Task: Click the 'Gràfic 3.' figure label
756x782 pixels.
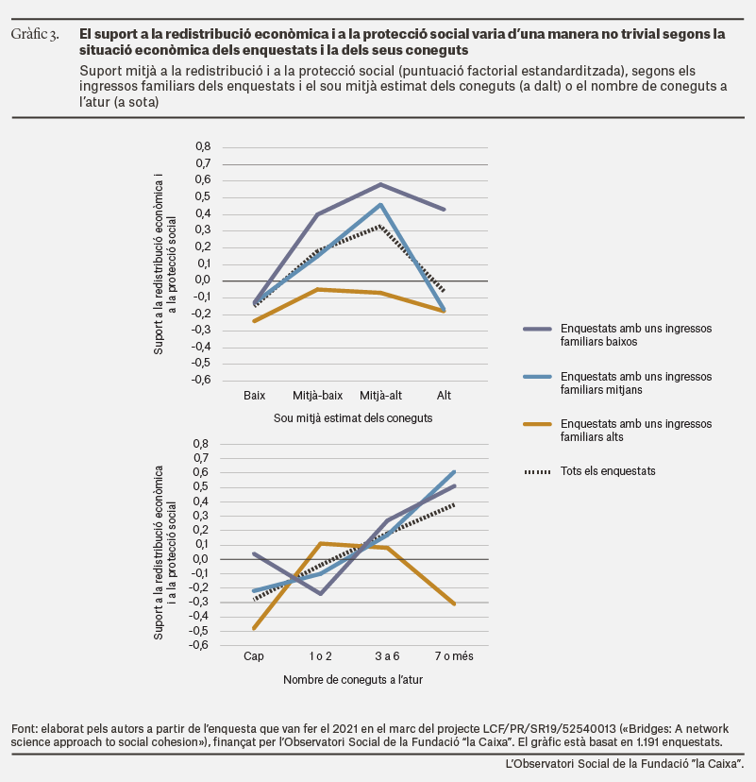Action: pyautogui.click(x=35, y=34)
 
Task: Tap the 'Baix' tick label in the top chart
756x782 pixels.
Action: pyautogui.click(x=254, y=396)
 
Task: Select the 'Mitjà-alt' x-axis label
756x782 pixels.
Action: pyautogui.click(x=380, y=396)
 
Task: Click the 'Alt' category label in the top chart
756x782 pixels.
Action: pyautogui.click(x=444, y=396)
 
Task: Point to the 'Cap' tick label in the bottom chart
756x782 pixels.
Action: pyautogui.click(x=254, y=655)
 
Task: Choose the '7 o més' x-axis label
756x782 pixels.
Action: pyautogui.click(x=454, y=655)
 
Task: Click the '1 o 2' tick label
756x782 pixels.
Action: pyautogui.click(x=321, y=655)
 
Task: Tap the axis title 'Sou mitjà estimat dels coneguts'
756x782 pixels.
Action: pyautogui.click(x=353, y=418)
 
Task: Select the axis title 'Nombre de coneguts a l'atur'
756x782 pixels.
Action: pyautogui.click(x=353, y=679)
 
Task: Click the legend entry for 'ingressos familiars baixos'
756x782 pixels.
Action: pyautogui.click(x=617, y=334)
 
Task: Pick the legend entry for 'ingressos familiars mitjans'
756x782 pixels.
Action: pyautogui.click(x=617, y=382)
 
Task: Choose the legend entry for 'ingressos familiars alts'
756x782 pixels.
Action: pyautogui.click(x=617, y=430)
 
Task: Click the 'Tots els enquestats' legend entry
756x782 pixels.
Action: pyautogui.click(x=590, y=470)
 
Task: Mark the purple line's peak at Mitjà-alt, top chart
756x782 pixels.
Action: pyautogui.click(x=380, y=184)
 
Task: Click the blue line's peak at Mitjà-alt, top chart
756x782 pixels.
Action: pyautogui.click(x=380, y=205)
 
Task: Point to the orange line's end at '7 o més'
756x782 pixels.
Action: pyautogui.click(x=454, y=603)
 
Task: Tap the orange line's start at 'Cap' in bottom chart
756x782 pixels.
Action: pyautogui.click(x=254, y=628)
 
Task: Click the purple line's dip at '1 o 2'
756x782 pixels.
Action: pyautogui.click(x=321, y=593)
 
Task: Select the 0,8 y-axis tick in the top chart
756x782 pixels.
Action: pyautogui.click(x=203, y=146)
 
